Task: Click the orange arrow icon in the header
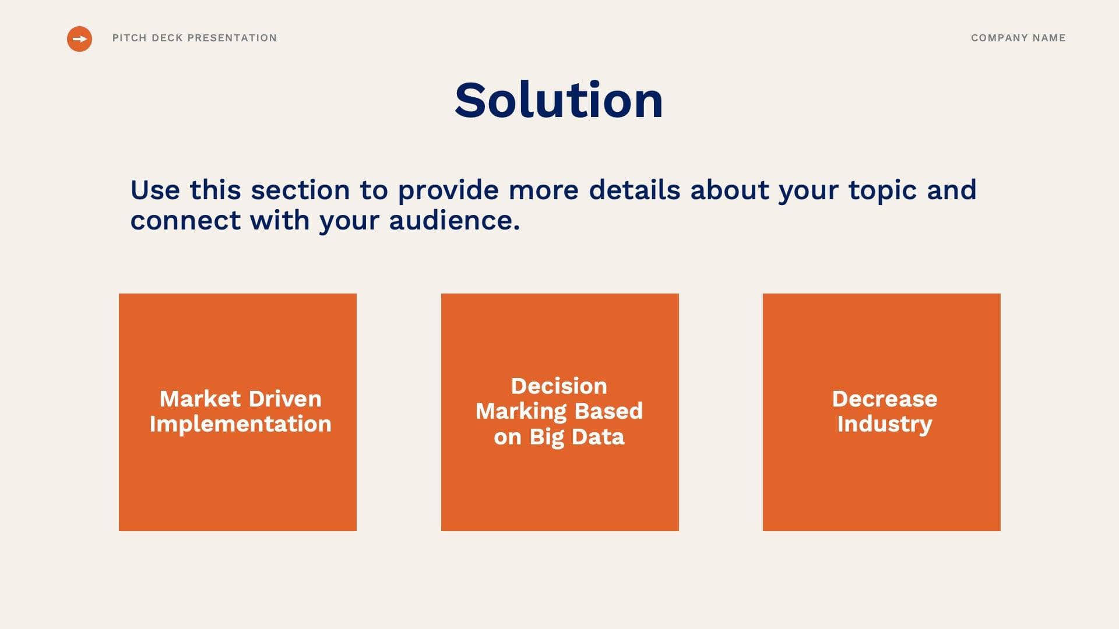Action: pos(79,39)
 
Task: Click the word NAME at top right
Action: pos(1049,38)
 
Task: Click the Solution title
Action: pos(559,101)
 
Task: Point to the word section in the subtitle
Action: pos(300,190)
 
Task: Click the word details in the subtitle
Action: pos(634,190)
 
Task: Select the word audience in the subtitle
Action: pos(454,221)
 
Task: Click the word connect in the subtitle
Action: pos(185,221)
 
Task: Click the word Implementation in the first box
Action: pos(240,424)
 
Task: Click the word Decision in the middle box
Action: pos(559,386)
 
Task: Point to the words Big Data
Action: pos(576,437)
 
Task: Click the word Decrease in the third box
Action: pos(884,399)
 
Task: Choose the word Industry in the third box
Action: pos(884,424)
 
